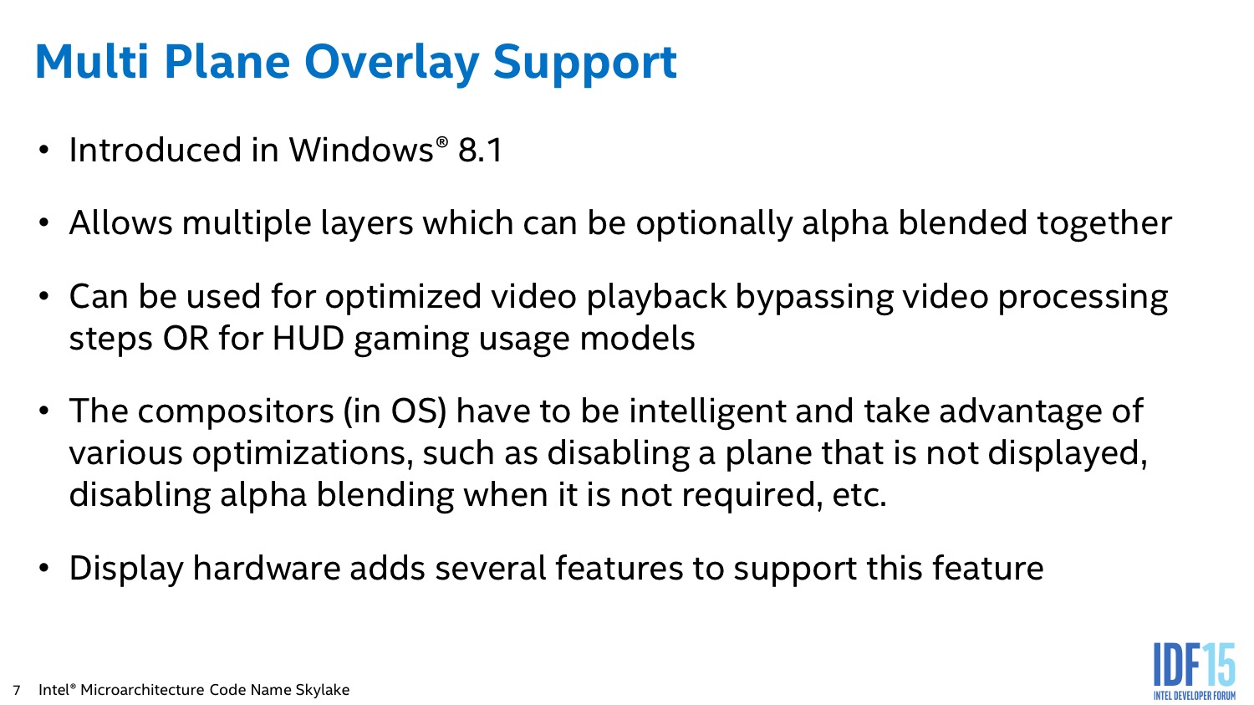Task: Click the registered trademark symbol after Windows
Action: (x=441, y=142)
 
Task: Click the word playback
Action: (x=656, y=298)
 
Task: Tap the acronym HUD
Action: (x=308, y=339)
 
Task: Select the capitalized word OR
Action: (x=186, y=339)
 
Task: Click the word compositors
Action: (x=236, y=412)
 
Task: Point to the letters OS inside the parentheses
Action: (x=415, y=411)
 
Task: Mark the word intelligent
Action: (x=707, y=412)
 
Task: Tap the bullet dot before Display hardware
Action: (x=44, y=569)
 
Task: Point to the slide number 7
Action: (x=17, y=690)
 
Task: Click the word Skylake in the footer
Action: (x=323, y=691)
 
